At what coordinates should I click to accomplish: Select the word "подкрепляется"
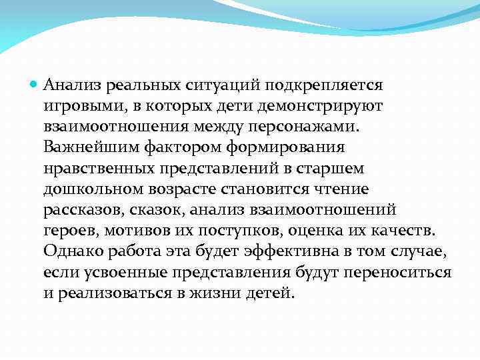point(323,85)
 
